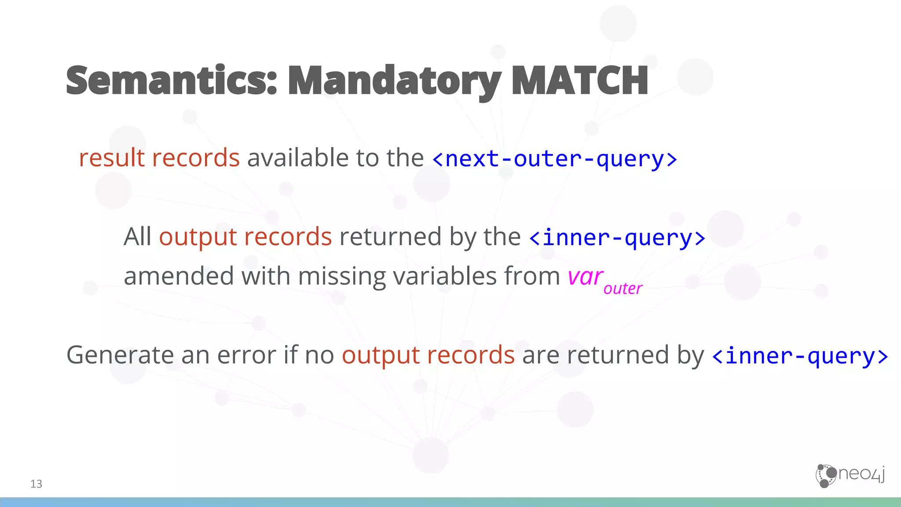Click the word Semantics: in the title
tap(172, 80)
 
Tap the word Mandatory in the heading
tap(394, 81)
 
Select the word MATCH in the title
tap(580, 80)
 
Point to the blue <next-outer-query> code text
tap(554, 159)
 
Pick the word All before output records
tap(137, 236)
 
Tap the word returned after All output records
tap(390, 236)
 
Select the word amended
tap(179, 276)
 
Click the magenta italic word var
tap(585, 277)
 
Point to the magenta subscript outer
tap(623, 289)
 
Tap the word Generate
tap(120, 355)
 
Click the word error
tap(246, 355)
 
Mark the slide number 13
tap(36, 484)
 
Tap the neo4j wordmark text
tap(862, 474)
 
